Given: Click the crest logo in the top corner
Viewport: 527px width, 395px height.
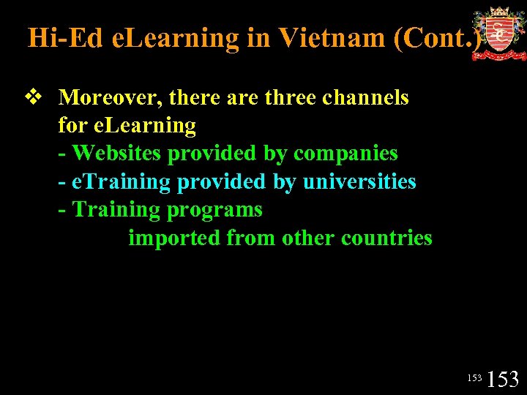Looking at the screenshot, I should [x=499, y=34].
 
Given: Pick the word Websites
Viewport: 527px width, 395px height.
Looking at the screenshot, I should [x=119, y=154].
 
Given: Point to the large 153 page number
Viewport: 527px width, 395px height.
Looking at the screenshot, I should [x=503, y=380].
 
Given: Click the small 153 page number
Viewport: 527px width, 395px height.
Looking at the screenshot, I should [x=474, y=378].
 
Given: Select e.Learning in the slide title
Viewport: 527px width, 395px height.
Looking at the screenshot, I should [x=175, y=37].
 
